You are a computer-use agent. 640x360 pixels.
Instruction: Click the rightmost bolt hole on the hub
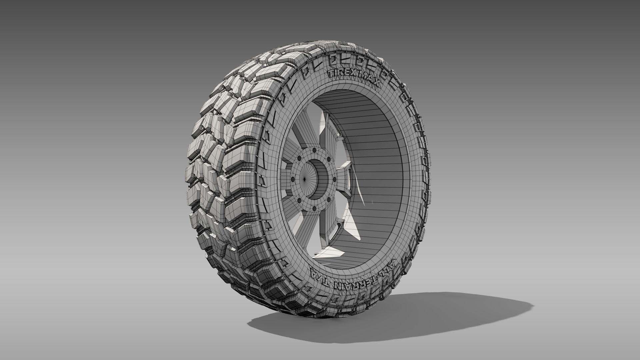coord(335,179)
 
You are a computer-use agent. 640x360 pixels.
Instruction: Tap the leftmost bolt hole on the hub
coord(293,179)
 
